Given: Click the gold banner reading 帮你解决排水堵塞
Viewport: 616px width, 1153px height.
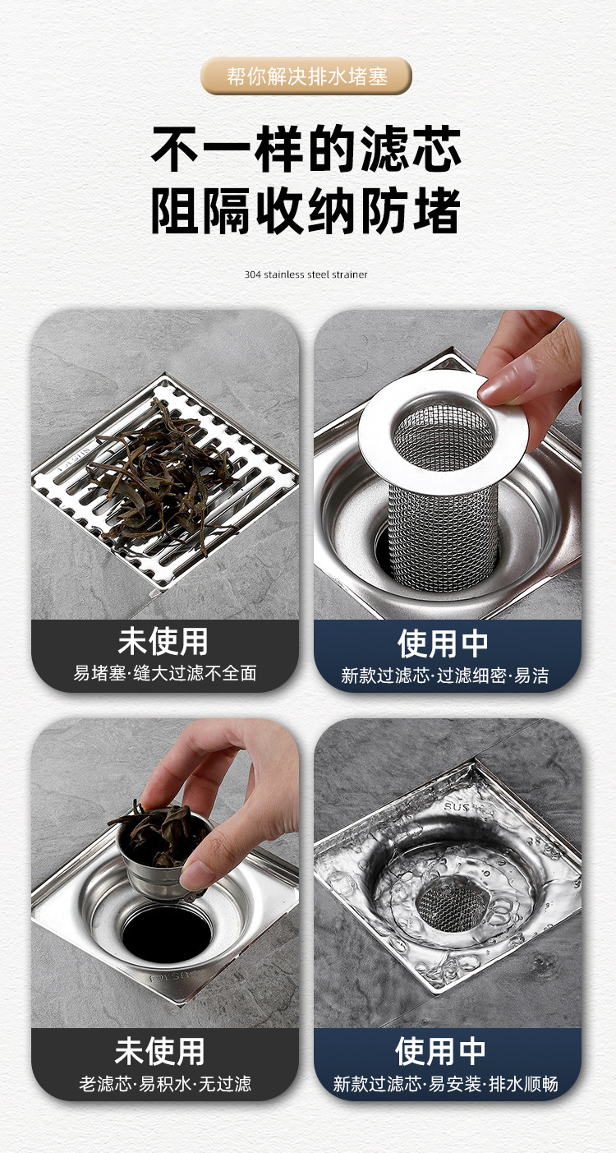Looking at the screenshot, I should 306,76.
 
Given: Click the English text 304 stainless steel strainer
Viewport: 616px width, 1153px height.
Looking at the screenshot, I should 306,274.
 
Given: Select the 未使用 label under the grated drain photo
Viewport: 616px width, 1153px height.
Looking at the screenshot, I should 163,642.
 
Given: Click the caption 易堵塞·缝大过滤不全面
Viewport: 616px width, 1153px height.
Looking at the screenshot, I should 165,674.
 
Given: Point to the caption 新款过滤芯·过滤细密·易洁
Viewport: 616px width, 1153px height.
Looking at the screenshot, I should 445,676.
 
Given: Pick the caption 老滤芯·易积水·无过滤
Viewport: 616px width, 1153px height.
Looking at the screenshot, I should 165,1084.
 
